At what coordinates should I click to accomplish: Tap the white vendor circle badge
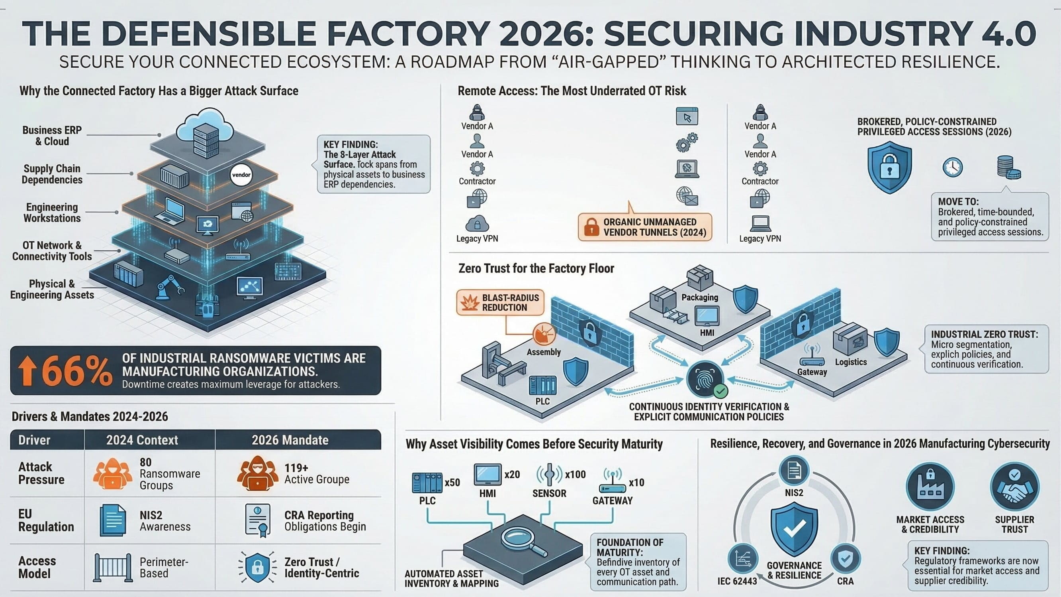click(x=241, y=175)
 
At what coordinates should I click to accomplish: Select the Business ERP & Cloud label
click(x=52, y=136)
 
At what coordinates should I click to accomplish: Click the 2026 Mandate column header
click(x=290, y=440)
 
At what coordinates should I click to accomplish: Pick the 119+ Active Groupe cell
click(x=316, y=473)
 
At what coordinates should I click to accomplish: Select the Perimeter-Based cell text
click(x=164, y=567)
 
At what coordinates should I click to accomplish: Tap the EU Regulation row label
click(x=46, y=520)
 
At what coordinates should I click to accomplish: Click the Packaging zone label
click(x=699, y=297)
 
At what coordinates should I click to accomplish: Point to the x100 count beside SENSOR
click(x=575, y=475)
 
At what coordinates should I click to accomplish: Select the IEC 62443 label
click(x=737, y=581)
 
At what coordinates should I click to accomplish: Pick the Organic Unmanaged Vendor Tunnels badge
click(x=645, y=227)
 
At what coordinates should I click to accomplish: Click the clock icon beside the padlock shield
click(x=952, y=167)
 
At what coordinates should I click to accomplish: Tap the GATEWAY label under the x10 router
click(x=612, y=500)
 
